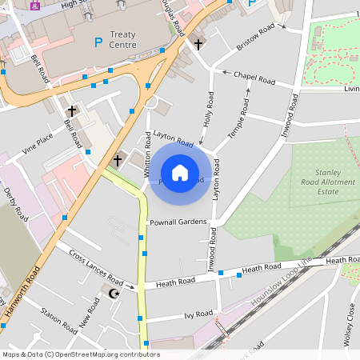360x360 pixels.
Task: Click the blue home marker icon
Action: (180, 172)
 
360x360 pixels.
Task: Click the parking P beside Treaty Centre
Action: (98, 42)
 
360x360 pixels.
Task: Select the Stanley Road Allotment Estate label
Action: (329, 182)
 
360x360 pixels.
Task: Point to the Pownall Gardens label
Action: (178, 222)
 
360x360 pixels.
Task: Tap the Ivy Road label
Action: (198, 314)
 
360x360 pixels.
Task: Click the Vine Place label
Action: (38, 142)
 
